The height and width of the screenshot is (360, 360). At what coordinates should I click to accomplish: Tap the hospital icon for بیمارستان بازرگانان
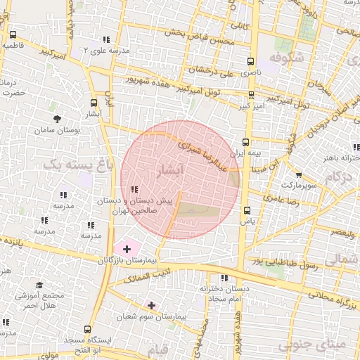[x=127, y=248]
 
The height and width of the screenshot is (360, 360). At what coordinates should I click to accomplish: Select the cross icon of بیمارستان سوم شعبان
[x=151, y=305]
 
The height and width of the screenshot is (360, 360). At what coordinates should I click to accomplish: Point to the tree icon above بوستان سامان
[x=57, y=118]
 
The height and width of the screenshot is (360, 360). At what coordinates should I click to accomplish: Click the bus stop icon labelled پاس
[x=246, y=210]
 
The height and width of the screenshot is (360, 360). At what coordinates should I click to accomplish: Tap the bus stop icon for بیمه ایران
[x=245, y=141]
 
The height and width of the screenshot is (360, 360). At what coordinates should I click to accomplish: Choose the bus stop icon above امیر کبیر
[x=251, y=94]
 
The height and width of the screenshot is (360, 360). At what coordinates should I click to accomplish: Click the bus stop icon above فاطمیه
[x=13, y=34]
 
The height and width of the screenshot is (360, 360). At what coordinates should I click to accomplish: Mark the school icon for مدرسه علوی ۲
[x=105, y=39]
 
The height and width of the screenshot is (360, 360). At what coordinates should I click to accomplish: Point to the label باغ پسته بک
[x=68, y=165]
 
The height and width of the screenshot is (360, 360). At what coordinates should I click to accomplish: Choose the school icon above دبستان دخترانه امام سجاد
[x=224, y=278]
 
